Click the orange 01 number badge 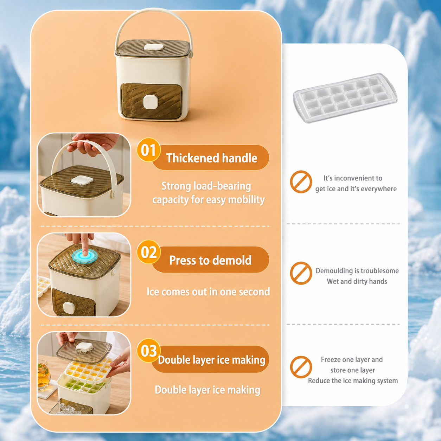point(148,150)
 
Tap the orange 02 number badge point(148,252)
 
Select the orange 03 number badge point(148,351)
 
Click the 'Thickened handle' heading point(212,158)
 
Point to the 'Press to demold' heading point(210,260)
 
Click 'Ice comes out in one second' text point(208,292)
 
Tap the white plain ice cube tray point(345,98)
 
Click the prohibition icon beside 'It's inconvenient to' point(301,182)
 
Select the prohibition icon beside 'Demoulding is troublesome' point(301,273)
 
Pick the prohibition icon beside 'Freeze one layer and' point(301,367)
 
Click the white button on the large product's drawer point(151,102)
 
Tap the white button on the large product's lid point(154,47)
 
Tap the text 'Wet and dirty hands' point(357,281)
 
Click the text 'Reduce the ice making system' point(353,381)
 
